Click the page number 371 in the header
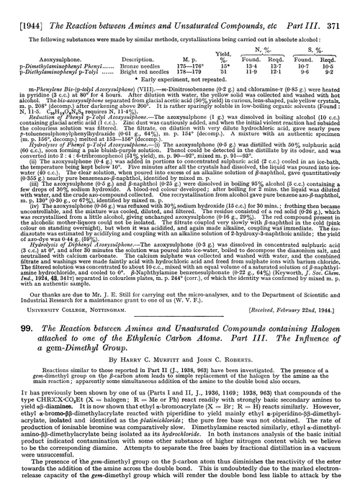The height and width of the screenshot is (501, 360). click(346, 8)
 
